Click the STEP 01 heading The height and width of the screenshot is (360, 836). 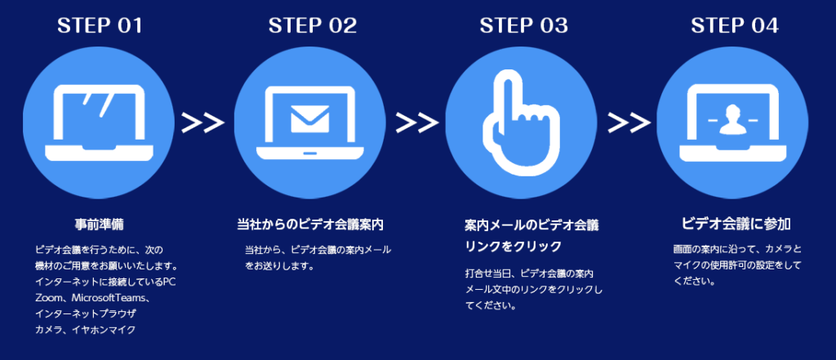[100, 25]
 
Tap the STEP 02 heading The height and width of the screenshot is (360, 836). [313, 25]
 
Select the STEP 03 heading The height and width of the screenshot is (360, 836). [524, 25]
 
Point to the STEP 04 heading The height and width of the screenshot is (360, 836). [735, 25]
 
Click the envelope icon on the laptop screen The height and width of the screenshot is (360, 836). [311, 119]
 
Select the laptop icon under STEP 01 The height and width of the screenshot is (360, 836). [100, 122]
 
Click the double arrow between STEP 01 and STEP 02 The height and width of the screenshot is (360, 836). [203, 122]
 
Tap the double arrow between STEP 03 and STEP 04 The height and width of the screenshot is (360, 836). [629, 122]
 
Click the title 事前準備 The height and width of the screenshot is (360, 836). [99, 223]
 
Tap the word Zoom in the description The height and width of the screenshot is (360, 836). [50, 298]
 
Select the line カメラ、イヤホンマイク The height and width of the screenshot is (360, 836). [86, 330]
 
